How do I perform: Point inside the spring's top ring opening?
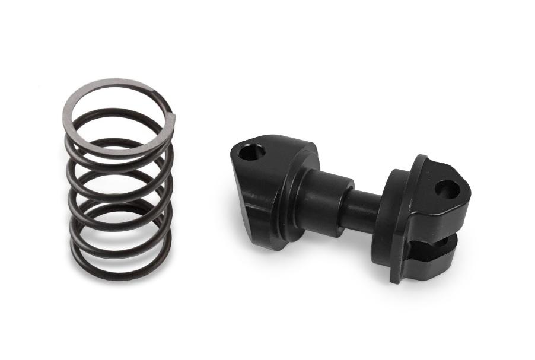pos(116,116)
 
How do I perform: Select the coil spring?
pos(119,178)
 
